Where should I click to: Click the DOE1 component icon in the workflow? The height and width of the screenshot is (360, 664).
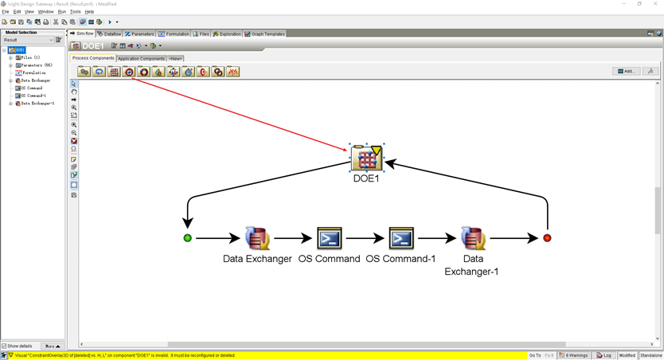[x=366, y=158]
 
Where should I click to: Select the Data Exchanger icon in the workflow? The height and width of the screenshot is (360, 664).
[x=256, y=238]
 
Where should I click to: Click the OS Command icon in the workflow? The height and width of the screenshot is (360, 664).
[x=329, y=238]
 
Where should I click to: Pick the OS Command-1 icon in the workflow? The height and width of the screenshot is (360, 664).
[x=400, y=238]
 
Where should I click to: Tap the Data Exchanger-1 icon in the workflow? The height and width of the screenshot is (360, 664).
[x=473, y=238]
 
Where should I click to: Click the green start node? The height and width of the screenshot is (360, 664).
[x=188, y=238]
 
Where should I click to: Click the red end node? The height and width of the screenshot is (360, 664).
[x=547, y=238]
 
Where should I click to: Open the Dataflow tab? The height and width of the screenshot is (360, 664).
[x=110, y=34]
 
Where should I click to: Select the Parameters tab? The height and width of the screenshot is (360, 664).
[x=140, y=34]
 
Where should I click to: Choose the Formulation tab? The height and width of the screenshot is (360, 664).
[x=174, y=34]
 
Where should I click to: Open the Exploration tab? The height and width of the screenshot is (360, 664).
[x=228, y=34]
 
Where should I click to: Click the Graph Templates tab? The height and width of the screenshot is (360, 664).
[x=266, y=34]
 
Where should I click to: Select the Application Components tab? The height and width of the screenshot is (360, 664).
[x=141, y=58]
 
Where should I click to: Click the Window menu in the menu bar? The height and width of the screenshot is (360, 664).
[x=46, y=12]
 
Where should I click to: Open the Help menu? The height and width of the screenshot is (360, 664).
[x=89, y=12]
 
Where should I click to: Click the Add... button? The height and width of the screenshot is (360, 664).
[x=627, y=71]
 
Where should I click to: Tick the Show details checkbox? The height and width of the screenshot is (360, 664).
[x=4, y=346]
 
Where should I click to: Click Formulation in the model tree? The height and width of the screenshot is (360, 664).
[x=34, y=73]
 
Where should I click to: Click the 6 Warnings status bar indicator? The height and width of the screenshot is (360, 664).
[x=573, y=355]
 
